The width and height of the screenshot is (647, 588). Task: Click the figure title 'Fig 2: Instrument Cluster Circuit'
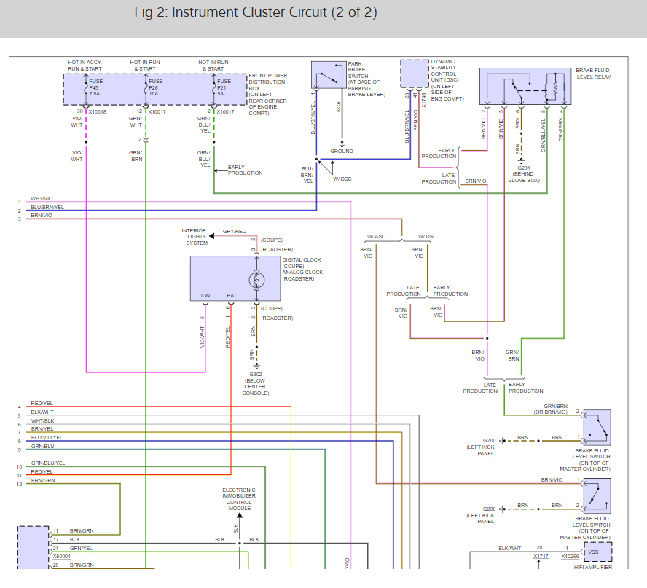pyautogui.click(x=256, y=13)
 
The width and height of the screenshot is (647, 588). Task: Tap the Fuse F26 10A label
pyautogui.click(x=153, y=88)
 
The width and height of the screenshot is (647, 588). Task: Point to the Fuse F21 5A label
pyautogui.click(x=222, y=88)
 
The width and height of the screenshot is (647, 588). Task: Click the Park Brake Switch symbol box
pyautogui.click(x=329, y=75)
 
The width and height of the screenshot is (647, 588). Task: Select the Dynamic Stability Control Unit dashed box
pyautogui.click(x=414, y=74)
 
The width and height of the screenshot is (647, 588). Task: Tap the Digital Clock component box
pyautogui.click(x=235, y=278)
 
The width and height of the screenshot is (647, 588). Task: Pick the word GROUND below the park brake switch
pyautogui.click(x=342, y=152)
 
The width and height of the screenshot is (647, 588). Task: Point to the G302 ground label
pyautogui.click(x=255, y=375)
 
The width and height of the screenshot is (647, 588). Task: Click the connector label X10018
pyautogui.click(x=97, y=111)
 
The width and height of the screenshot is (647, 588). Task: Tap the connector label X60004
pyautogui.click(x=63, y=556)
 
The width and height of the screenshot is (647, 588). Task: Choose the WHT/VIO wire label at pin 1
pyautogui.click(x=42, y=198)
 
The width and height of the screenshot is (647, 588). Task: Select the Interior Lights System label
pyautogui.click(x=195, y=237)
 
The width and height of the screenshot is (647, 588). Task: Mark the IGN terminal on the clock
pyautogui.click(x=205, y=296)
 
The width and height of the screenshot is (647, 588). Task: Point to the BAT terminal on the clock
pyautogui.click(x=232, y=296)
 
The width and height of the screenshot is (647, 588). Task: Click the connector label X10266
pyautogui.click(x=570, y=556)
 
